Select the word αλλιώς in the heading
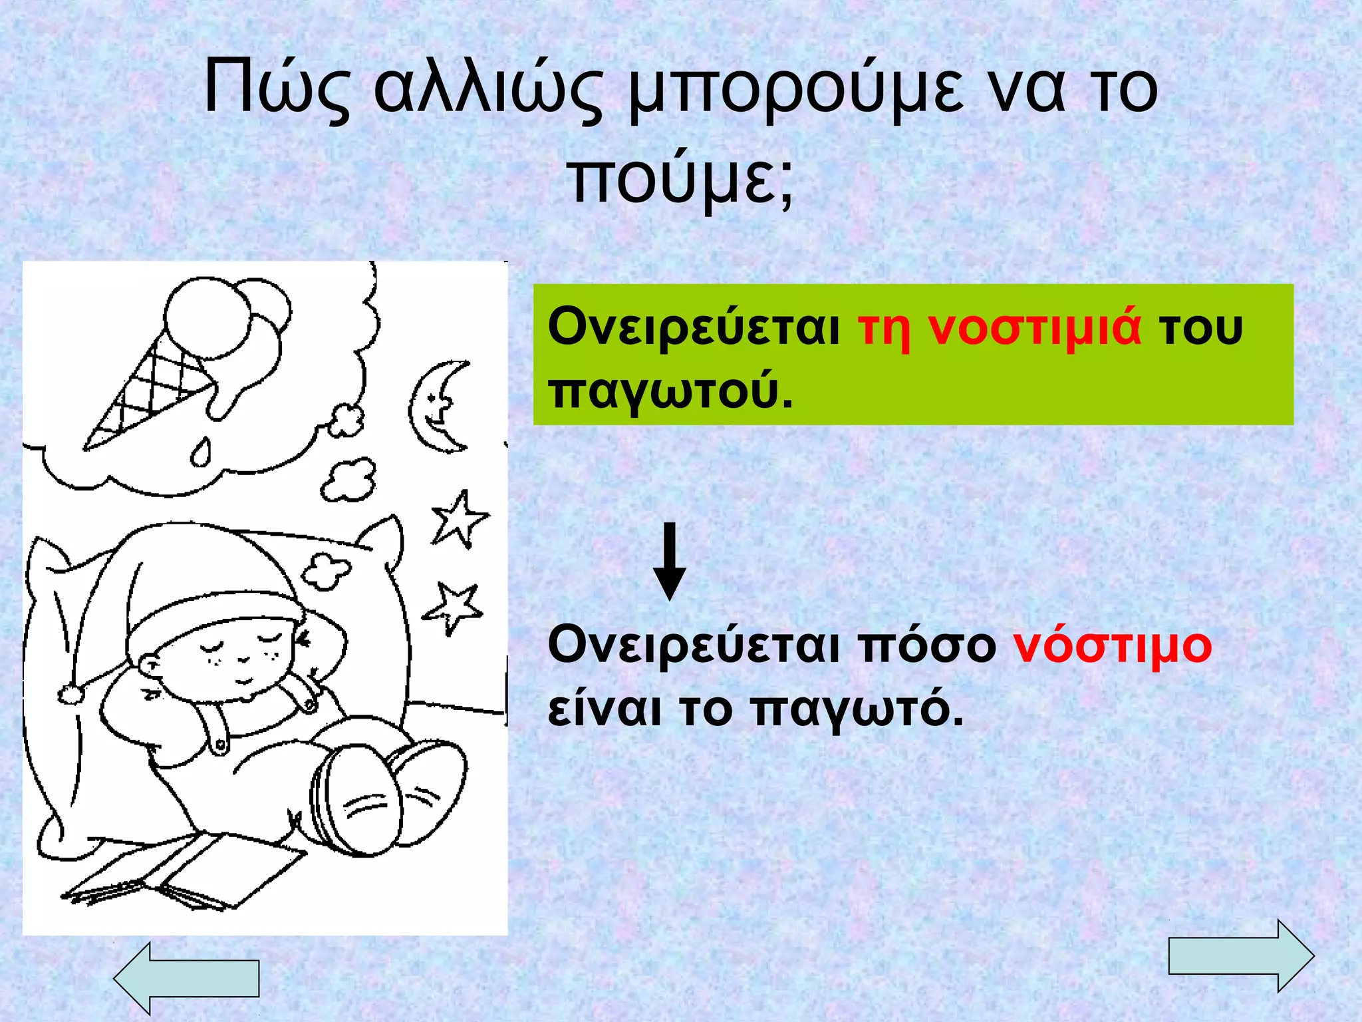pos(489,89)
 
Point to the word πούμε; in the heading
pos(681,180)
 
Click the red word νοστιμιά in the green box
pos(1035,327)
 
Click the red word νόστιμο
pos(1112,645)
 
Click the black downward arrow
pos(669,562)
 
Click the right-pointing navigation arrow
pos(1241,955)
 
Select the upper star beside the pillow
pos(459,519)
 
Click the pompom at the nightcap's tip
pos(70,694)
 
